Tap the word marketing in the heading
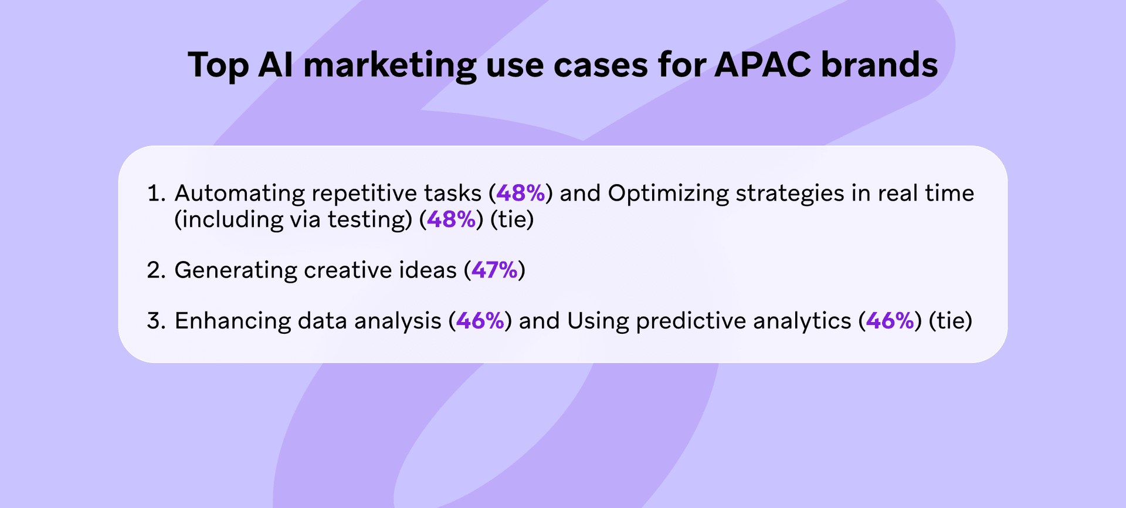[x=389, y=66]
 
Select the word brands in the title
[x=879, y=65]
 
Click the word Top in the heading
[x=218, y=66]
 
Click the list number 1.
[x=156, y=193]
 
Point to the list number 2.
[x=157, y=270]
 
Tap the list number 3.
[x=157, y=321]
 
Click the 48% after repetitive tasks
[x=521, y=193]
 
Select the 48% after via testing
[x=451, y=219]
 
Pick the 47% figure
[x=494, y=270]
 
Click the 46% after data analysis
[x=480, y=321]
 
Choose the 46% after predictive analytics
[x=890, y=321]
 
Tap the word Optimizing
[x=668, y=194]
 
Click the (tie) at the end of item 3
[x=951, y=321]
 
